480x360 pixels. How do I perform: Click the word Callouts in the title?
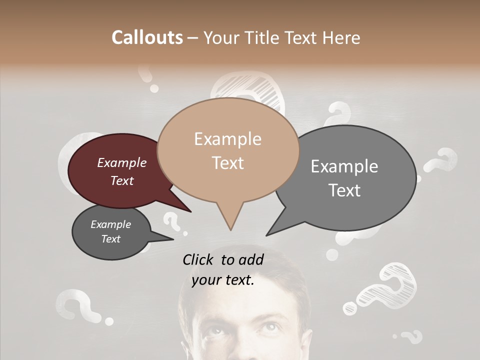(x=147, y=37)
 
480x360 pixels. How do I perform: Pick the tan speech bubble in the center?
(x=227, y=150)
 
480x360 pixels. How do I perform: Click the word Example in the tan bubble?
(x=227, y=139)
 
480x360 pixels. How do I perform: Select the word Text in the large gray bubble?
(x=344, y=190)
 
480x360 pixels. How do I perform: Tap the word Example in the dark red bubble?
(x=121, y=162)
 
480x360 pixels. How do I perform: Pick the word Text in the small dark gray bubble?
(x=110, y=239)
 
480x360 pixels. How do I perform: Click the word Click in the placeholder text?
(x=198, y=259)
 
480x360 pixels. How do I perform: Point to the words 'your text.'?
(x=223, y=280)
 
